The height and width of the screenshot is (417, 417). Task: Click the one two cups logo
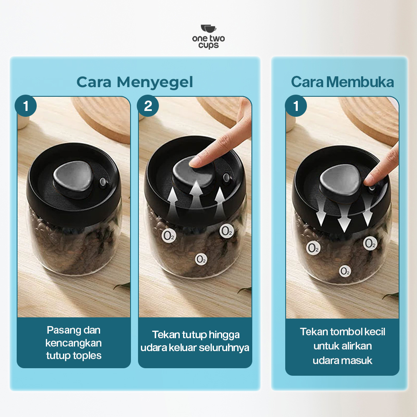[x=208, y=37]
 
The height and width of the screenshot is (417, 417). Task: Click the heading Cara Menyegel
[x=135, y=82]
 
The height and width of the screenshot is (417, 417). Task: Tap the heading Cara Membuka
[x=342, y=82]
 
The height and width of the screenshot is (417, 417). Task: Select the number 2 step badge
[x=148, y=106]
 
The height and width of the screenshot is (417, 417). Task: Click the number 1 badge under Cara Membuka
[x=296, y=106]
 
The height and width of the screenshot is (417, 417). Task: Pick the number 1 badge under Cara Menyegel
[x=25, y=106]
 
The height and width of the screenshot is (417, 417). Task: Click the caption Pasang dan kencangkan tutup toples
[x=74, y=343]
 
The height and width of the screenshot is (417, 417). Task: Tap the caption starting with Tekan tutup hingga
[x=195, y=341]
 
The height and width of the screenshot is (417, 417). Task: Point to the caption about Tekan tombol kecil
[x=342, y=346]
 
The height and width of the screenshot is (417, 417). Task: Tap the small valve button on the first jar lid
[x=103, y=182]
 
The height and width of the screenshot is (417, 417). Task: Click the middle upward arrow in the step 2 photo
[x=196, y=194]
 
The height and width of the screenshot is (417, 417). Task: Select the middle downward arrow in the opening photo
[x=344, y=217]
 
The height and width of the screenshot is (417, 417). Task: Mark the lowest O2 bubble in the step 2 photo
[x=201, y=259]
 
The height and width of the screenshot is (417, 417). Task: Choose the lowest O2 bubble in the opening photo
[x=345, y=271]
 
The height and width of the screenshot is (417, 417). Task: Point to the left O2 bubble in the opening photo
[x=313, y=248]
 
